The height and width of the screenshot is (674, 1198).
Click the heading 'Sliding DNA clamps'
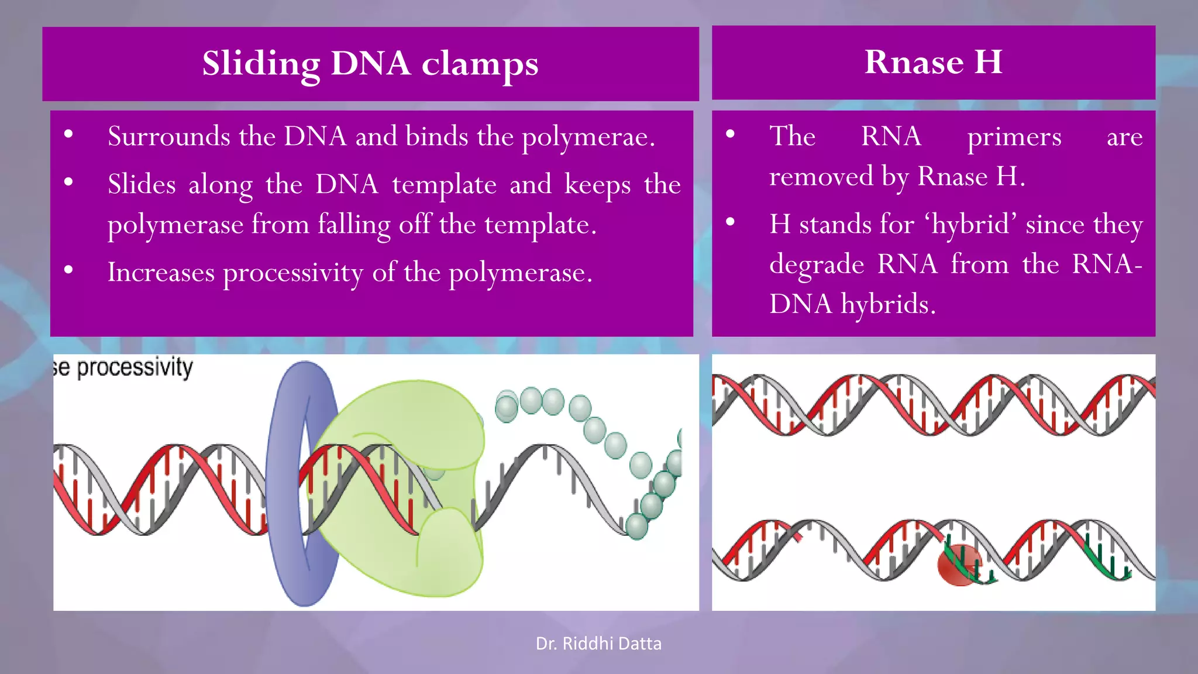pos(370,63)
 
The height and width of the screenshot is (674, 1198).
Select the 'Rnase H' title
pos(933,61)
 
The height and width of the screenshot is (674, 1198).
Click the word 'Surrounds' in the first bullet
pos(168,136)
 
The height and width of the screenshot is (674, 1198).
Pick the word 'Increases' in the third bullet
pos(161,273)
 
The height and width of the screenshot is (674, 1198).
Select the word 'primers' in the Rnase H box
pos(1014,137)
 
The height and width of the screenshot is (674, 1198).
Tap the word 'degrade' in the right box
pos(816,265)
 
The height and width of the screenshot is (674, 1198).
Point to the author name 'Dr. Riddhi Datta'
pos(598,644)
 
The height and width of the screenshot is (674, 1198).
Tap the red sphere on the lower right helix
pos(958,565)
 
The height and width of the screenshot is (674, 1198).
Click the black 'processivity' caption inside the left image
pos(135,367)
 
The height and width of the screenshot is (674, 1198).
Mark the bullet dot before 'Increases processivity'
pos(68,270)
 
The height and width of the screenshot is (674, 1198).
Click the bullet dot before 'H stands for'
pos(730,222)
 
